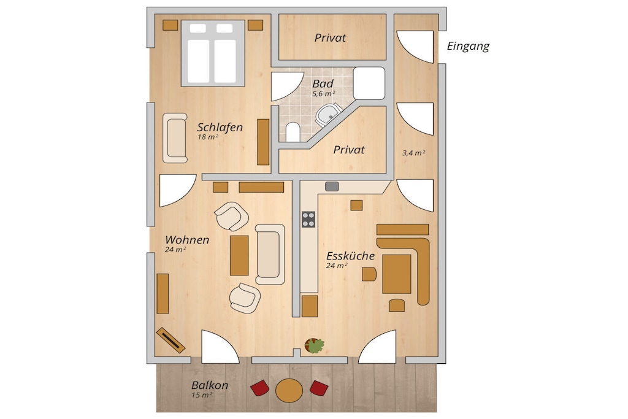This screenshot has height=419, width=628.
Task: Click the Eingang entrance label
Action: coord(468,47)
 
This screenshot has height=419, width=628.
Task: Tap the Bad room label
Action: coord(323,83)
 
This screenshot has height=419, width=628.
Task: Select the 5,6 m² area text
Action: coord(324,94)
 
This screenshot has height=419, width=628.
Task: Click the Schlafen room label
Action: coord(220,128)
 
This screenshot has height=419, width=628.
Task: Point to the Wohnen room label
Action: coord(187,240)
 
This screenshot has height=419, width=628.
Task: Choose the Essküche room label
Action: coord(350,256)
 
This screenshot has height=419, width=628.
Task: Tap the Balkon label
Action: coord(210,385)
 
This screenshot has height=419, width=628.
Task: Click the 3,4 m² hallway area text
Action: coord(414,153)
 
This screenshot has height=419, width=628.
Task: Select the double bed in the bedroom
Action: coord(213,53)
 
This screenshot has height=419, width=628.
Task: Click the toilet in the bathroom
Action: coord(293,132)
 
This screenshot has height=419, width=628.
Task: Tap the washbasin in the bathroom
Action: coord(329,115)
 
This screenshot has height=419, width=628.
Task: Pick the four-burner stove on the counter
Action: coord(308,220)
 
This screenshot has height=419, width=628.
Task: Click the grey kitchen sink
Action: coord(332,186)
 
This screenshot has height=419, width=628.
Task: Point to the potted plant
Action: coord(315,346)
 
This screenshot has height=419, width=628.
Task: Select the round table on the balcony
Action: coord(289,391)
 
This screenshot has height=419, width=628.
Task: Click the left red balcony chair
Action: coord(260,387)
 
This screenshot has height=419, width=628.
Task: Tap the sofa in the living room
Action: coord(270,255)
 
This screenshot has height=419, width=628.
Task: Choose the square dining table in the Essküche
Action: coord(397,274)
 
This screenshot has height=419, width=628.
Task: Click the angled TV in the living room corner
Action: coord(170,340)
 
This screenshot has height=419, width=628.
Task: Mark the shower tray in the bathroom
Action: coord(369,83)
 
